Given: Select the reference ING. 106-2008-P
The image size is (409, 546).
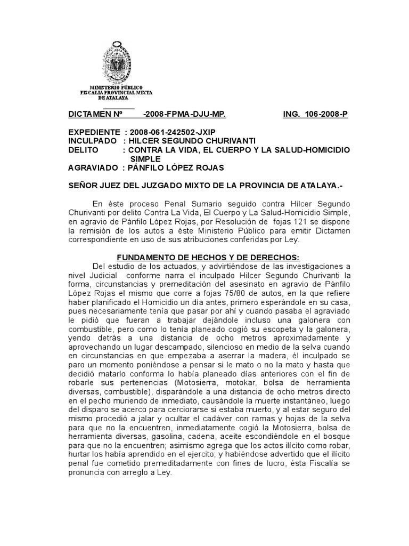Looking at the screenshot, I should (x=315, y=115).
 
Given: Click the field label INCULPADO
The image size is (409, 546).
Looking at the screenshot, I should (x=92, y=141).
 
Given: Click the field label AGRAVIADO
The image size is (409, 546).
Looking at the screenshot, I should (x=93, y=168).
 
